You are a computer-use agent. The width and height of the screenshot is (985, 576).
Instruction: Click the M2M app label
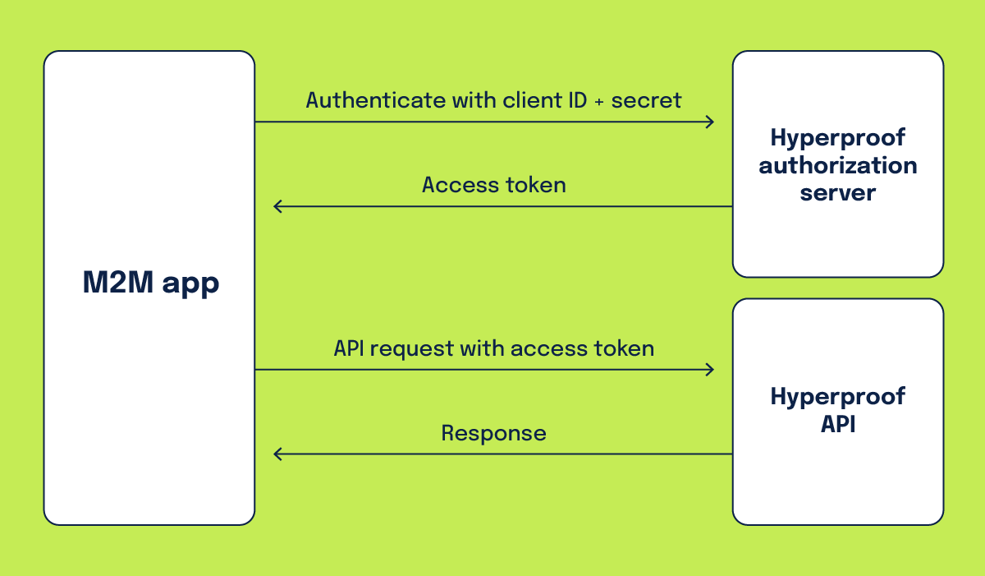[150, 283]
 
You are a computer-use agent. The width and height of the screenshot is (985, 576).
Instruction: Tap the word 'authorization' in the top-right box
[837, 165]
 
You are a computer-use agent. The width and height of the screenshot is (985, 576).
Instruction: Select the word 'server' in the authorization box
[837, 193]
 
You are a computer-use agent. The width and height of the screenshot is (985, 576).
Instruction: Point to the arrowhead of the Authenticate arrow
[711, 122]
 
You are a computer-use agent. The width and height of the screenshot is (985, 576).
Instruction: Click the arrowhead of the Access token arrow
[277, 206]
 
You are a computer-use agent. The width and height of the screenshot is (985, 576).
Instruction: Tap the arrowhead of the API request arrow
[711, 370]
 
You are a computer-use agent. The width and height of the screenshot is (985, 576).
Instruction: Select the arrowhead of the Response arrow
[277, 454]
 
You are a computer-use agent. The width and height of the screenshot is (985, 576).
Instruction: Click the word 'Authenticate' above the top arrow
[374, 100]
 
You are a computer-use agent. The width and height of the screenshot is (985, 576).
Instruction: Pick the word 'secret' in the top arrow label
[646, 100]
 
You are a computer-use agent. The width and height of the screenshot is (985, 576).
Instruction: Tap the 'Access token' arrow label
[493, 185]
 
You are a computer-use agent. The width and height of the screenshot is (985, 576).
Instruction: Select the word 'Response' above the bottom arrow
[493, 433]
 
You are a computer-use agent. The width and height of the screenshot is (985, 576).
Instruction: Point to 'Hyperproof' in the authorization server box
[837, 137]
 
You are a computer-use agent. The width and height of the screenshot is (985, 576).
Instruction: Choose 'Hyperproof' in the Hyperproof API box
[837, 397]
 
